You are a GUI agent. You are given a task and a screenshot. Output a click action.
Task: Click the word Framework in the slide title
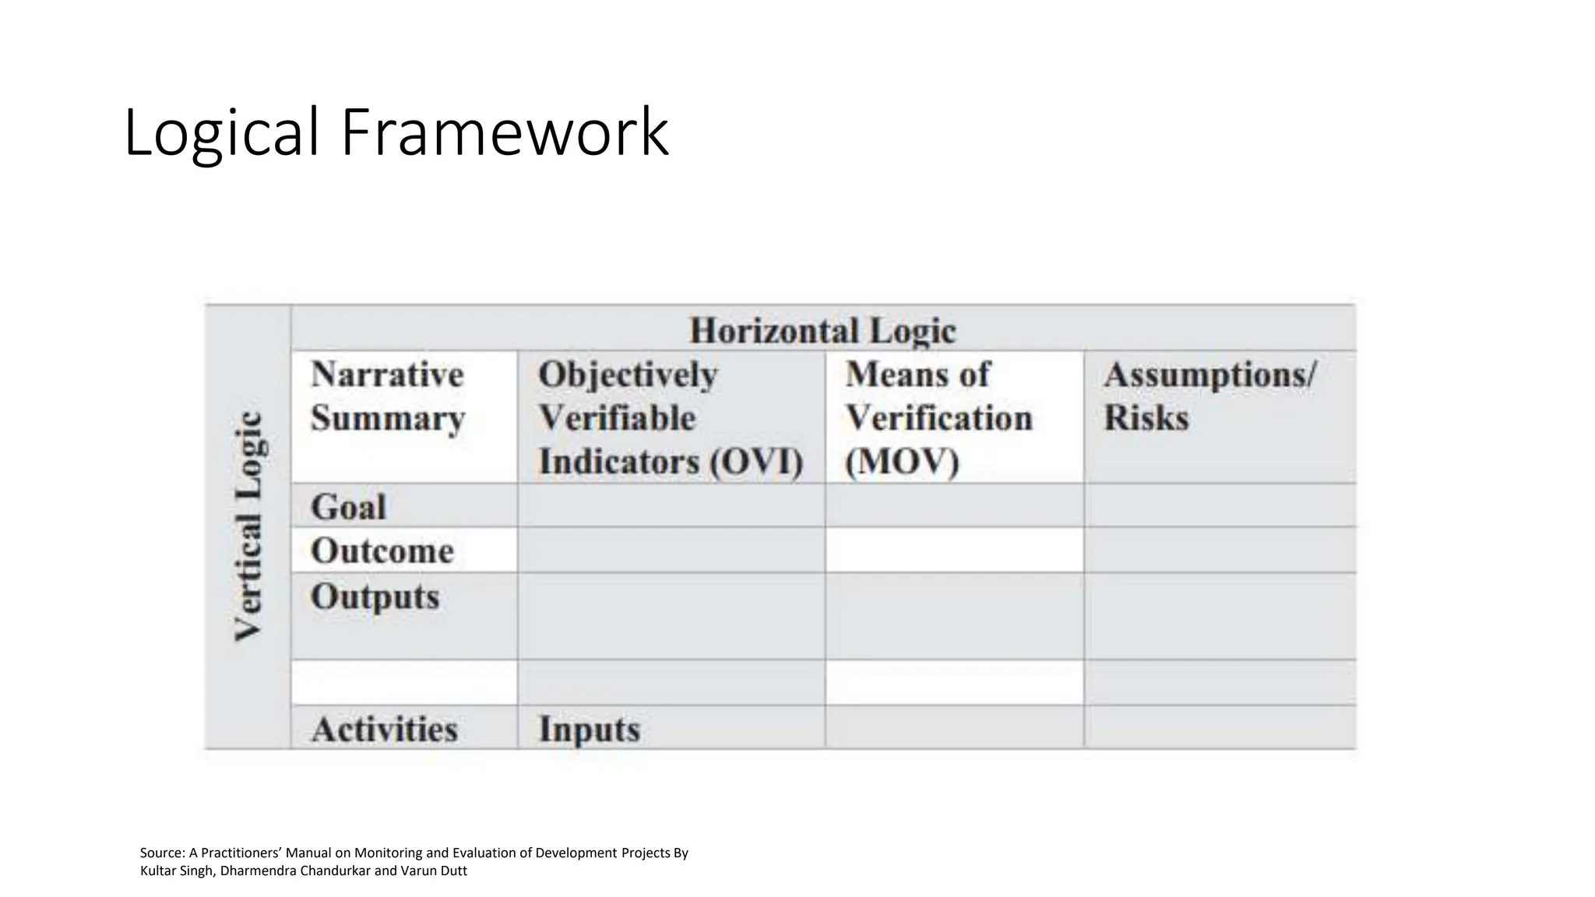tap(504, 133)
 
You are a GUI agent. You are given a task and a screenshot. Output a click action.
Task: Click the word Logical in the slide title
tap(221, 133)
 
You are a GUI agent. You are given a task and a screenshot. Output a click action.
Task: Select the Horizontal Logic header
tap(822, 331)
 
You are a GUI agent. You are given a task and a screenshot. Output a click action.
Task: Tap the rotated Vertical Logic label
tap(248, 526)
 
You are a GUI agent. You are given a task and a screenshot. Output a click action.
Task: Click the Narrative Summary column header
tap(387, 396)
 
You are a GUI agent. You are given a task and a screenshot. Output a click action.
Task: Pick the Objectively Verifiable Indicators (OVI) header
tap(670, 418)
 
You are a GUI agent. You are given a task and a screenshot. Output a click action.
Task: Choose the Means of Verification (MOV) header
tap(938, 418)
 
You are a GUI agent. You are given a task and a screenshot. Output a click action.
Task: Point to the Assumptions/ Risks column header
tap(1209, 396)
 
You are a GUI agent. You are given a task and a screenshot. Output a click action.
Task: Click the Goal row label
tap(348, 508)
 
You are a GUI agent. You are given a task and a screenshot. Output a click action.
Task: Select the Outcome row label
tap(382, 551)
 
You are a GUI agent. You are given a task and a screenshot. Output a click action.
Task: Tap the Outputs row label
tap(375, 597)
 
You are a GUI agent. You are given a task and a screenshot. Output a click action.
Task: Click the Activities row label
tap(384, 730)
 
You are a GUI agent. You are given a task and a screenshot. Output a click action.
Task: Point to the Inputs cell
tap(589, 730)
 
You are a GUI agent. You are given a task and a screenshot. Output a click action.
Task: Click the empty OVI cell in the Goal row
tap(671, 505)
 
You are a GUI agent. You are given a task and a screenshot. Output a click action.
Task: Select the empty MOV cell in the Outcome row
tap(954, 550)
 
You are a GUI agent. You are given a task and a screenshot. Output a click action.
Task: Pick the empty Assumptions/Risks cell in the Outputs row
tap(1219, 616)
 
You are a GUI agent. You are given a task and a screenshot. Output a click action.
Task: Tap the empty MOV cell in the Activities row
tap(954, 727)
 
